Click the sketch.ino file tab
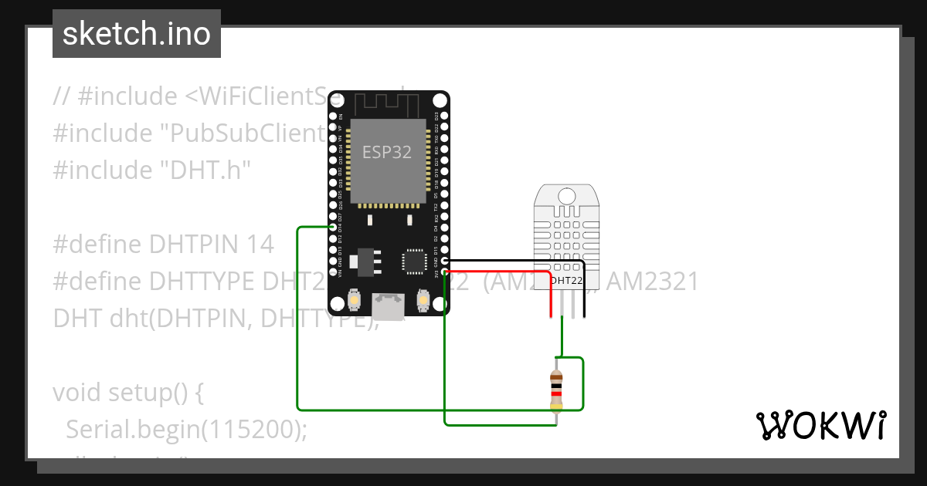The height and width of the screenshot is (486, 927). [136, 34]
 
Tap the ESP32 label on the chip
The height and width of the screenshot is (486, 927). [388, 152]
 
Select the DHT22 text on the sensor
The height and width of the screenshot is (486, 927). [567, 280]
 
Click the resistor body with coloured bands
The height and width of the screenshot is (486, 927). [556, 390]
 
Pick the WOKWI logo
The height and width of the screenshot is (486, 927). [820, 425]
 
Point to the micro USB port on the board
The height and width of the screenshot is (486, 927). [388, 305]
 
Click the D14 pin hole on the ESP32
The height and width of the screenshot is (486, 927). [333, 228]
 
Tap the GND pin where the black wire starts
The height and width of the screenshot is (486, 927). [444, 262]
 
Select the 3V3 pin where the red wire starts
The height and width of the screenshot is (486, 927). [444, 272]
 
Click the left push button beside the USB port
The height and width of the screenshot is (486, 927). [355, 299]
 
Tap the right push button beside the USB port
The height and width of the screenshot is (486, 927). [423, 299]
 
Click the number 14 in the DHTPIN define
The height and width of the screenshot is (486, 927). [260, 245]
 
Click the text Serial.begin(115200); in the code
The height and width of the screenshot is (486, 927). [186, 430]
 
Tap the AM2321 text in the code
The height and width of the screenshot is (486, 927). [652, 282]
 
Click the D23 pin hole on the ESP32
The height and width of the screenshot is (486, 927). [444, 116]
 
